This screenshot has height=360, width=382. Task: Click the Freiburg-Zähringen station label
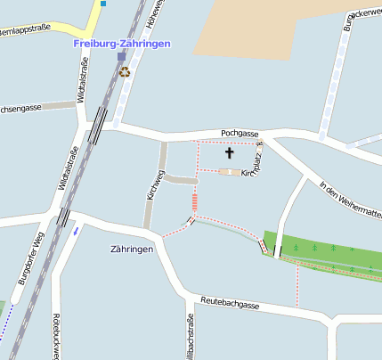[122, 43]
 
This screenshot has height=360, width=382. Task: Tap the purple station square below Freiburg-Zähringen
[122, 57]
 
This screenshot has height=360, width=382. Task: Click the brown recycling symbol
[124, 71]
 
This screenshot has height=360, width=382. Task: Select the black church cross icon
[229, 153]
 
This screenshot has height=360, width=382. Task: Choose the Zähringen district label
[132, 249]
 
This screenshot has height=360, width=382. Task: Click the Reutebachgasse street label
[230, 305]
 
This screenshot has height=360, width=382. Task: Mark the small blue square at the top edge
[103, 4]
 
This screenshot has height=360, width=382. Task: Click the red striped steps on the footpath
[194, 203]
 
